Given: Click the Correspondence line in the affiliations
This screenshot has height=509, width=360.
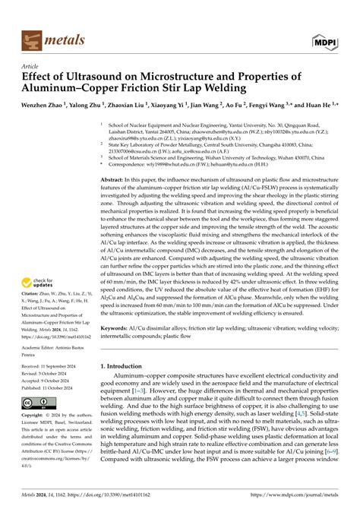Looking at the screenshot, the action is [205, 162].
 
